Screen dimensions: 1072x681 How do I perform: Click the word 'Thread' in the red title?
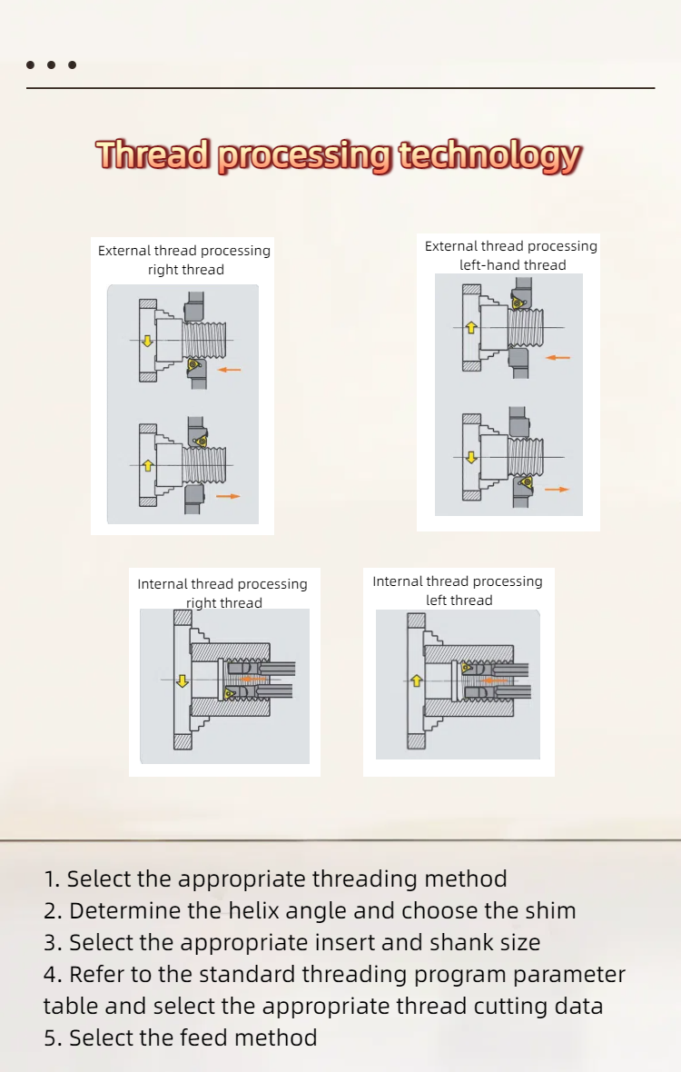point(153,154)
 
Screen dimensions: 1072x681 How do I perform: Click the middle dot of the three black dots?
point(51,65)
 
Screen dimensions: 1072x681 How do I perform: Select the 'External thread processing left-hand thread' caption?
point(511,255)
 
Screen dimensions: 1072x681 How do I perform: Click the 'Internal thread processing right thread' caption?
point(222,593)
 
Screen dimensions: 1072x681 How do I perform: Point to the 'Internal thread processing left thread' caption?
point(458,591)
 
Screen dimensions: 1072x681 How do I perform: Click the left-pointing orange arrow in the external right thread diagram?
point(230,370)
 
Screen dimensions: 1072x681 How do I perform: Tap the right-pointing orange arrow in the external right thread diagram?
point(229,496)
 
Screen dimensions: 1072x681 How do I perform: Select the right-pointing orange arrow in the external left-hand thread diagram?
point(558,490)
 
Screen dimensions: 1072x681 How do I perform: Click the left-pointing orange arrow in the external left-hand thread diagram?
point(558,358)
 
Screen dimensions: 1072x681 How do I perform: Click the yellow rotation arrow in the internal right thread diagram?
point(183,680)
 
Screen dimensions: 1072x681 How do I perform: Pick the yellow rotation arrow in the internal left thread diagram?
point(417,680)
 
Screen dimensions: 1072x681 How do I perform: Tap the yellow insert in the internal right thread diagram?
point(229,693)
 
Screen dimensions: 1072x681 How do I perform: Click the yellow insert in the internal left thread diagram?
point(467,669)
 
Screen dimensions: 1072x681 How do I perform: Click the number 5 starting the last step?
point(51,1037)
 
